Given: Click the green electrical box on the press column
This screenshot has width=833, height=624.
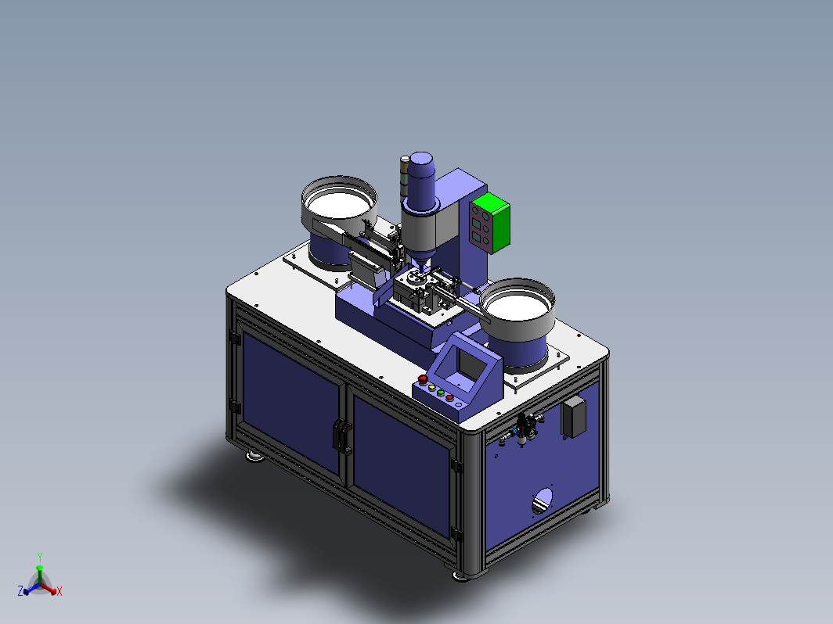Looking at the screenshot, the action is click(x=490, y=222).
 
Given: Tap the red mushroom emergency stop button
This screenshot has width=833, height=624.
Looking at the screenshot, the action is click(x=423, y=379).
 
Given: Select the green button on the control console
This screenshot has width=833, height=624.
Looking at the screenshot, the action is click(x=441, y=392).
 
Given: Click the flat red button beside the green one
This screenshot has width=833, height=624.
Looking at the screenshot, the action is click(x=449, y=397).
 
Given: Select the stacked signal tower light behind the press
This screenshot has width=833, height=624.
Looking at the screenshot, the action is click(x=405, y=175).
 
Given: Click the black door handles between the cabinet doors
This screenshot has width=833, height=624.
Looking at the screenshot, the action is click(x=343, y=436).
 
